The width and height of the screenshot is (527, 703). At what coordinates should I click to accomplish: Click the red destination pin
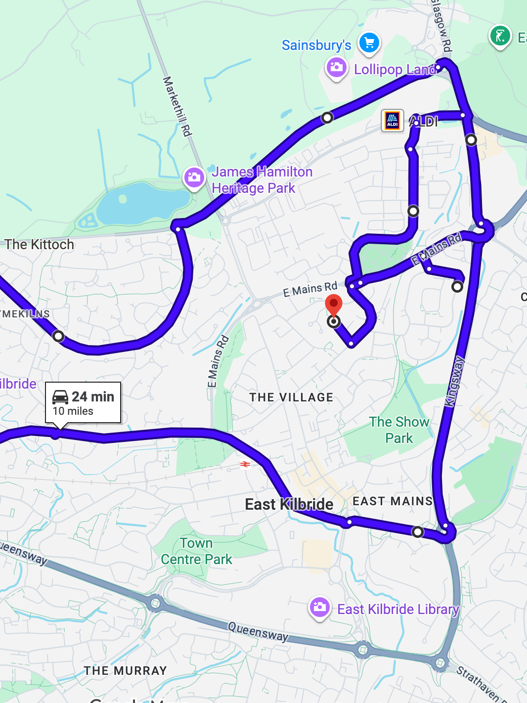point(334,304)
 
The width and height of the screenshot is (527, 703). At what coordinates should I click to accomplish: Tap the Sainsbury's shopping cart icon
point(369,43)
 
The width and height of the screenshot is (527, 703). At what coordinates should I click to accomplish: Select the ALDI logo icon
point(393,121)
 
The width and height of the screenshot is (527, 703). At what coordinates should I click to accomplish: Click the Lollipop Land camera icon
point(336,67)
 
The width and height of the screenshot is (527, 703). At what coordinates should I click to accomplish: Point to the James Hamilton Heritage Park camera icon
point(194,177)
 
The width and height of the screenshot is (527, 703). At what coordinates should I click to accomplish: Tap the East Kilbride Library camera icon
point(319,607)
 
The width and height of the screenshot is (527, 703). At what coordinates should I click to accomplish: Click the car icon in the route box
point(60,397)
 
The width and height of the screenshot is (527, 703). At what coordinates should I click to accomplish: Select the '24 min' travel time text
point(93,396)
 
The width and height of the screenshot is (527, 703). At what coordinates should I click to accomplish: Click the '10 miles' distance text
point(73,411)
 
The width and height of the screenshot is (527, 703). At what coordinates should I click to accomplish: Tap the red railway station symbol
point(245,464)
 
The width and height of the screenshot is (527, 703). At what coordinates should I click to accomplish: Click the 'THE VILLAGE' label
point(291,397)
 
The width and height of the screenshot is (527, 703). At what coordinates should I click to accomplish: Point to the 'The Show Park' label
point(399,430)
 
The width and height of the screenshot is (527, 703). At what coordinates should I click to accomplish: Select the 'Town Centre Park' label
point(196,551)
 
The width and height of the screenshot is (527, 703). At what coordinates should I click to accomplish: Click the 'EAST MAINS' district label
point(393,501)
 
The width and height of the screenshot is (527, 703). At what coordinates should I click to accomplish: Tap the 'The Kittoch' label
point(40,244)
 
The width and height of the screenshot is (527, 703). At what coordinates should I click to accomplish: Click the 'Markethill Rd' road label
point(177,106)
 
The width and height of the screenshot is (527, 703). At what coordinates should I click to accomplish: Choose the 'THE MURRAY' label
point(126,671)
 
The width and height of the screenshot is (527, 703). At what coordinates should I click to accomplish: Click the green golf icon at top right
point(500,36)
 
